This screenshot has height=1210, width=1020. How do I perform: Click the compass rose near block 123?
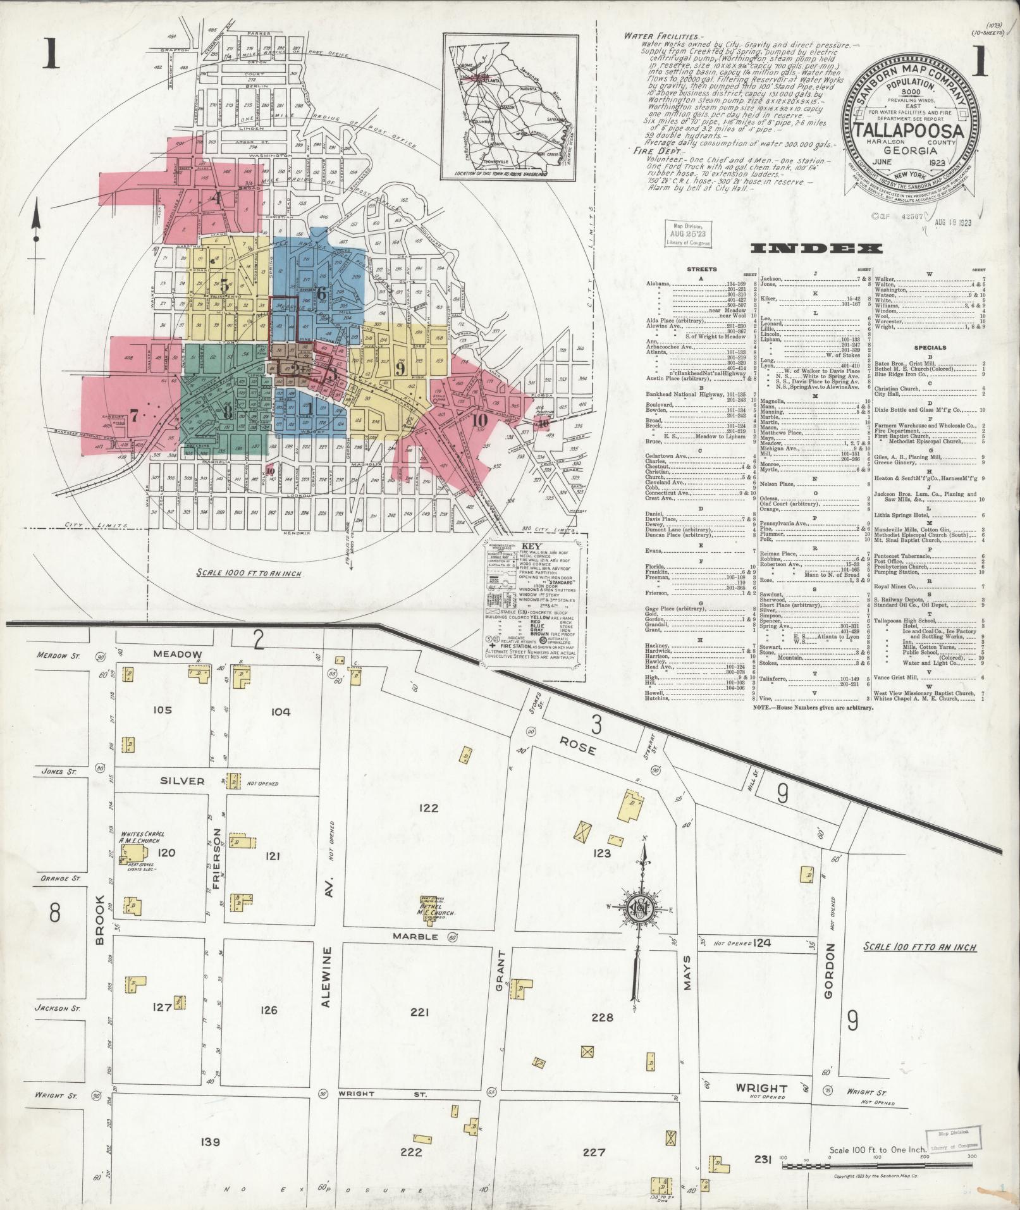[x=644, y=911]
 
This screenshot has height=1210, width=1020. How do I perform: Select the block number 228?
[x=601, y=1017]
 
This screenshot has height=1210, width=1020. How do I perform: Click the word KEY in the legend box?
[x=535, y=545]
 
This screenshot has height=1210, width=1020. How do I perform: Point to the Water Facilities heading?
[x=661, y=36]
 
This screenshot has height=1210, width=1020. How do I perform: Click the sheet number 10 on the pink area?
[x=479, y=421]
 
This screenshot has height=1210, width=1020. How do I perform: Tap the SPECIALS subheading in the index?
[x=930, y=348]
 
